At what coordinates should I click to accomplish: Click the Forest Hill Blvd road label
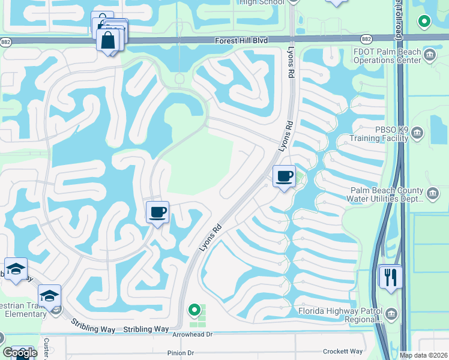(243, 40)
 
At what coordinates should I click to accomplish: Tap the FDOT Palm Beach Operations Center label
(387, 56)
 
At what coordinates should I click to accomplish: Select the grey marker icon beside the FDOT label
(430, 56)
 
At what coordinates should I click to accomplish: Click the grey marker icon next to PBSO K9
(418, 133)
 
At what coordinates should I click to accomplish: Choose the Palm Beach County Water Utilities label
(387, 195)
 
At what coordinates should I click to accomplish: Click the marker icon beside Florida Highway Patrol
(391, 313)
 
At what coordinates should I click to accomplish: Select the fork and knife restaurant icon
(391, 277)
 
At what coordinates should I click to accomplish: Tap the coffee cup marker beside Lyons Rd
(284, 177)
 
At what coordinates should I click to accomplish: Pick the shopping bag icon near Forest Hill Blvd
(109, 40)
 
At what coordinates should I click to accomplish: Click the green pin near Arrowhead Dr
(194, 310)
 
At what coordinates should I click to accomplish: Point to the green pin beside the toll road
(424, 22)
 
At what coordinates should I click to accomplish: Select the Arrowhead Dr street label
(193, 335)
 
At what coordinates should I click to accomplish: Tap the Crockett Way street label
(343, 352)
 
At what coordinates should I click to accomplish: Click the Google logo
(20, 352)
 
